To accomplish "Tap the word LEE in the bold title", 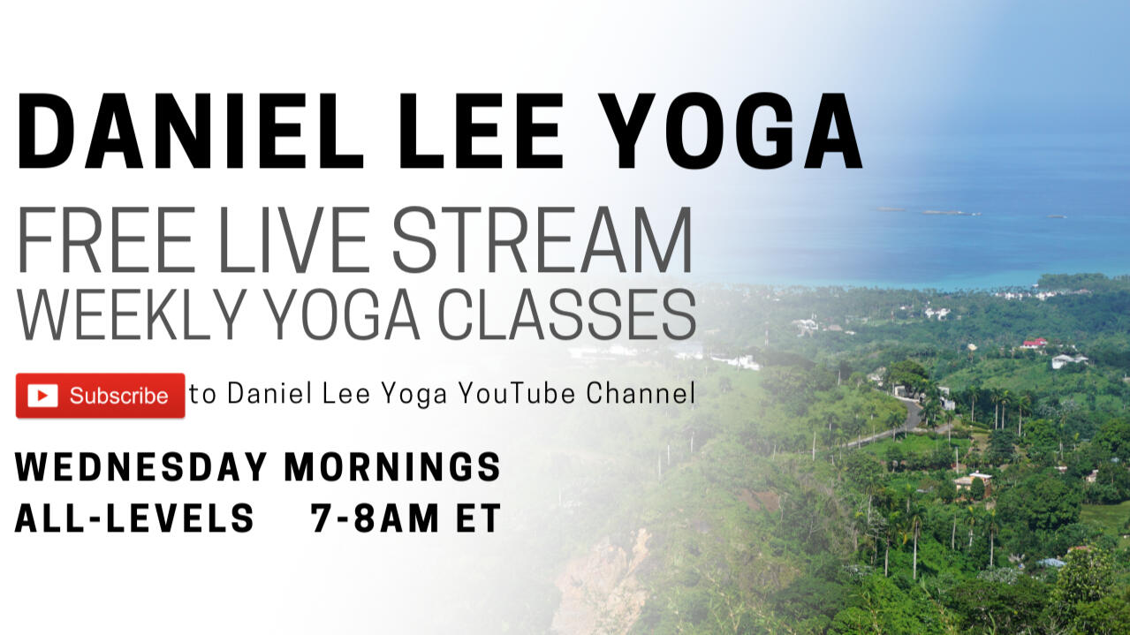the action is [482, 130].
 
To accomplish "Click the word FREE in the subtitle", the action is [106, 239].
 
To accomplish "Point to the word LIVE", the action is [293, 239].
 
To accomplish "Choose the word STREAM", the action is [542, 239].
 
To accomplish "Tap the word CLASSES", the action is [567, 314].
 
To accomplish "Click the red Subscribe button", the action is [101, 396].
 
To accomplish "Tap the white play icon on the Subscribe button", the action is [42, 396].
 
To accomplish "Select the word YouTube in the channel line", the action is [517, 393].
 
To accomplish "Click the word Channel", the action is [641, 393].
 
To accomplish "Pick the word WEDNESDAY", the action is [141, 467].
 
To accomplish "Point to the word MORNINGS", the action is [392, 467].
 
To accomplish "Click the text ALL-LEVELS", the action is [134, 518].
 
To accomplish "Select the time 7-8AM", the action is [375, 518].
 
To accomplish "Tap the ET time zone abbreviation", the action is [478, 518].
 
